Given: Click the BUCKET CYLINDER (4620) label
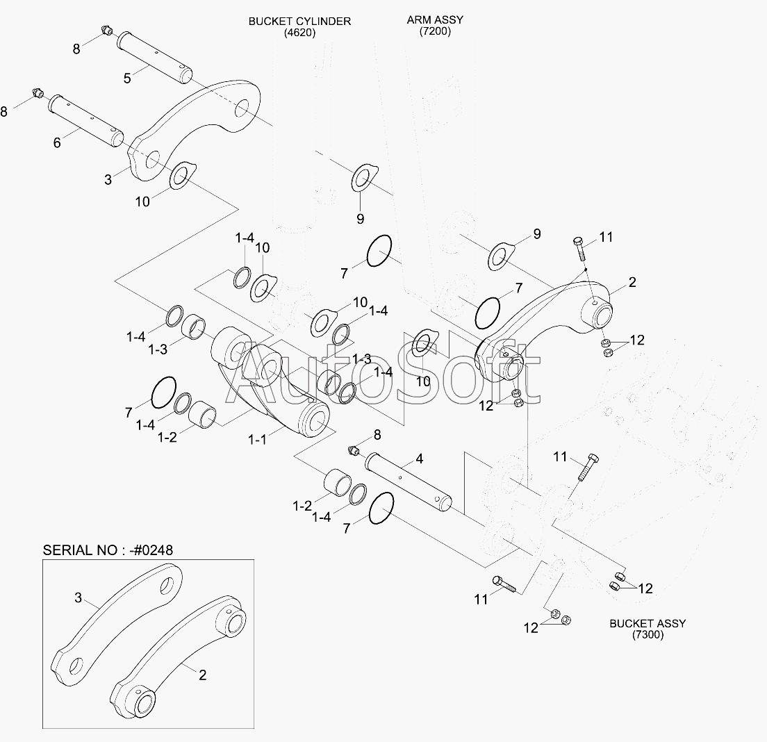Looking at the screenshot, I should pos(299,26).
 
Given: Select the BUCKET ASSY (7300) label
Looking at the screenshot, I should pos(647,629).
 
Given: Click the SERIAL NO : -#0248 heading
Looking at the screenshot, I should pos(108,550).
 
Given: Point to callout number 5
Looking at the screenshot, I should pos(127,78).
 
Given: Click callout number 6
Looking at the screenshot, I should pos(57,142).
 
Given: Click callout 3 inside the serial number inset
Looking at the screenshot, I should pos(79,597).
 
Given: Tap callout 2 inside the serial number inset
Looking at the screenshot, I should pos(202,674).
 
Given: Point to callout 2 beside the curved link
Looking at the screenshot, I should pos(632,282).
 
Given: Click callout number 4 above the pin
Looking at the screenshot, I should pos(420,459).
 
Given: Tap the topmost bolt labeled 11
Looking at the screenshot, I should pos(579,248).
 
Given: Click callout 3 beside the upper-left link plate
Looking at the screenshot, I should pos(108,179).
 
